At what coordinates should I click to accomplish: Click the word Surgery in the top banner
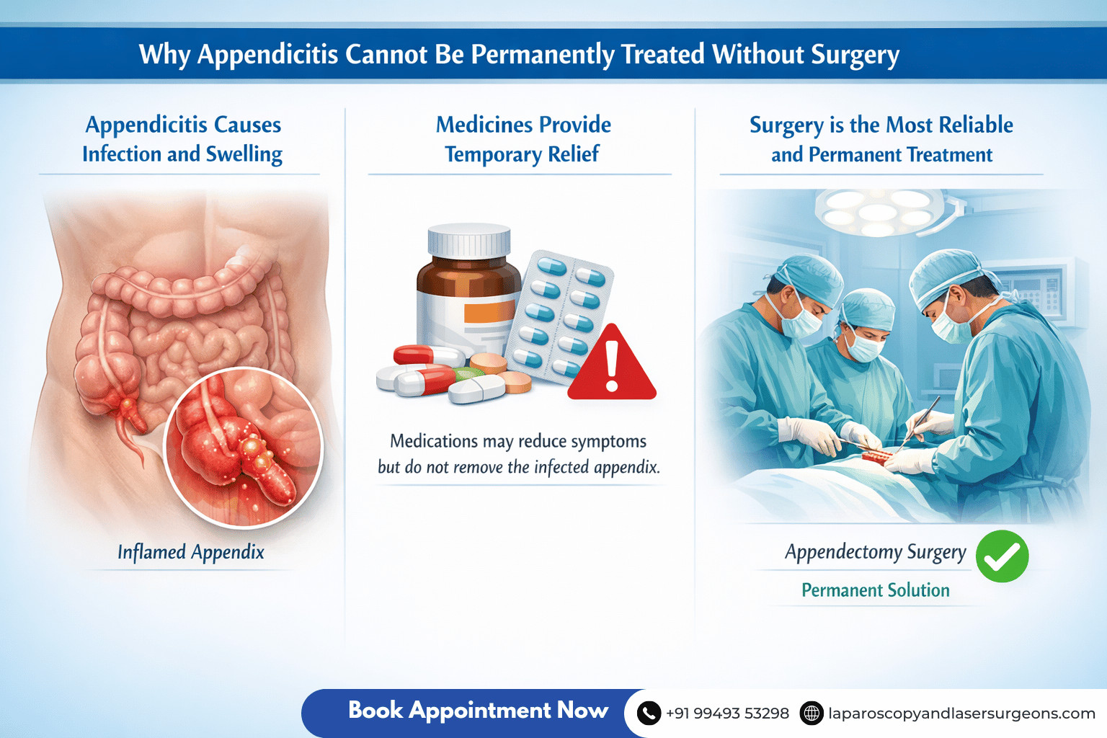pos(855,55)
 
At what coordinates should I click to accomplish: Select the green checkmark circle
pos(1002,556)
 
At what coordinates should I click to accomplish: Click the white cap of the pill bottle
pos(469,241)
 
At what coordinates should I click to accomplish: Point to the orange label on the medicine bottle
pos(489,312)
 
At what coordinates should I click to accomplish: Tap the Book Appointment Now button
pos(478,711)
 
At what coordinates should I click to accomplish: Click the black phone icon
pos(649,713)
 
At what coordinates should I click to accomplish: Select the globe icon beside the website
pos(812,713)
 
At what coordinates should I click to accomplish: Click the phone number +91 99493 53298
pos(727,713)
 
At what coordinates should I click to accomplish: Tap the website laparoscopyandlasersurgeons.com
pos(961,713)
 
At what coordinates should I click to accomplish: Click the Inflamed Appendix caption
pos(191,553)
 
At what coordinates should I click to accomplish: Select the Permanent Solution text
pos(875,590)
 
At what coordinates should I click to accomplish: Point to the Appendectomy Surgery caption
pos(875,552)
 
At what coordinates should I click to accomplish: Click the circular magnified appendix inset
pos(244,447)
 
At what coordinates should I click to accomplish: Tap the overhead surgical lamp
pos(878,211)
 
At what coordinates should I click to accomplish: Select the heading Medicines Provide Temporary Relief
pos(523,139)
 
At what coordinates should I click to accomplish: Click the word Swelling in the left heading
pos(244,154)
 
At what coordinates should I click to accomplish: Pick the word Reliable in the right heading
pos(976,125)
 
